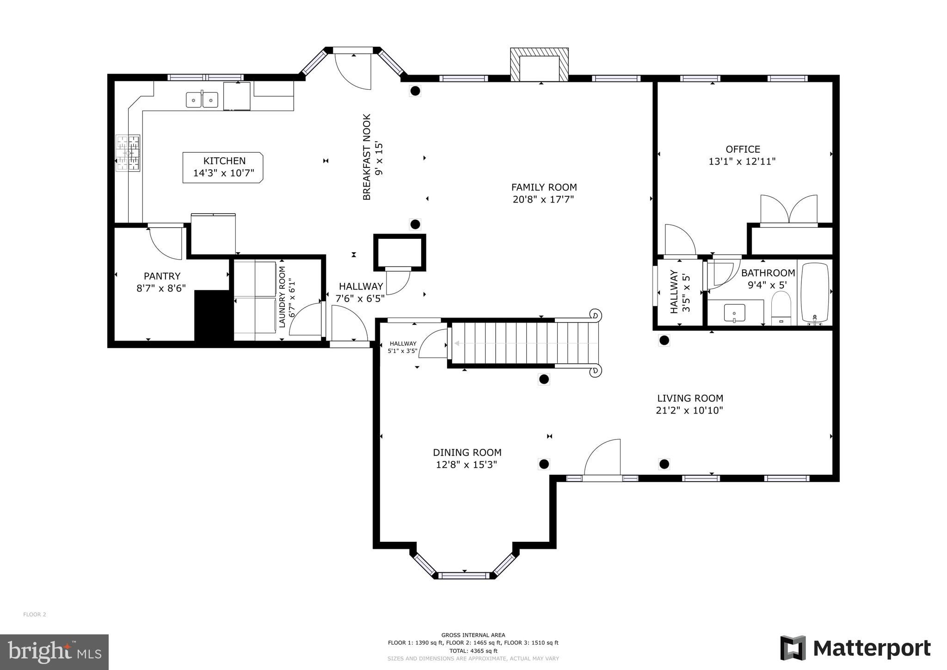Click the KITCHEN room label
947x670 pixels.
click(224, 161)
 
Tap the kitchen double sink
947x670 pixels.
click(202, 99)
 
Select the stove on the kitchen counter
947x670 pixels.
click(128, 153)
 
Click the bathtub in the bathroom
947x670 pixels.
click(815, 292)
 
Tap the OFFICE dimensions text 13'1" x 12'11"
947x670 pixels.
click(742, 161)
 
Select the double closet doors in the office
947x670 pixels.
click(789, 210)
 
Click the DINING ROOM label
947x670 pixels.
click(467, 453)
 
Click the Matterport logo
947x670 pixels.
click(855, 648)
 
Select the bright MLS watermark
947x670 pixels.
click(54, 652)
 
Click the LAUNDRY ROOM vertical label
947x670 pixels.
click(282, 297)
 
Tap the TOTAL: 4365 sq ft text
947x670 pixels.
click(473, 651)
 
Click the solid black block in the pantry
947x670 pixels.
click(213, 317)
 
